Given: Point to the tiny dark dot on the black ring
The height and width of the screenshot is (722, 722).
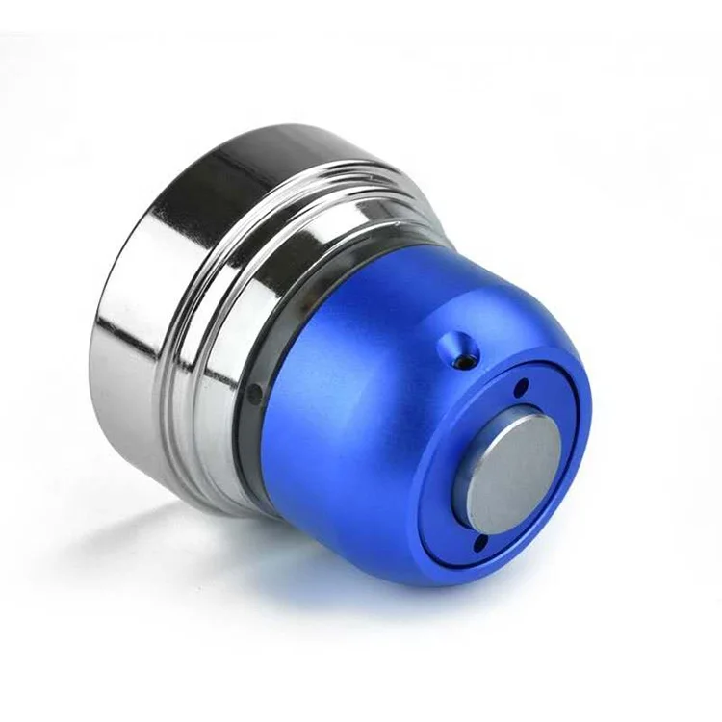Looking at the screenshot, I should pyautogui.click(x=253, y=392).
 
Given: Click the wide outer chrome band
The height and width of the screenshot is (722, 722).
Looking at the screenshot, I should pyautogui.click(x=154, y=318).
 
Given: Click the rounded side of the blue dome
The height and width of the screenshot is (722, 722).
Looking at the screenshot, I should pyautogui.click(x=347, y=433).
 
